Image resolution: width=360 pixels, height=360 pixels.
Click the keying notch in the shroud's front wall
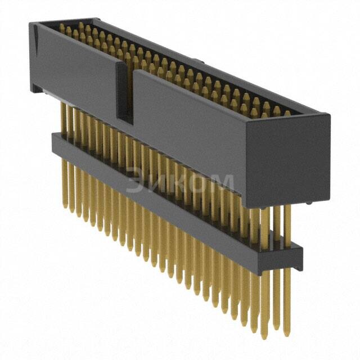pyautogui.click(x=124, y=93)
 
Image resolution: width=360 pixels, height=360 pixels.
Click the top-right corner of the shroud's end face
pyautogui.click(x=329, y=115)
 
